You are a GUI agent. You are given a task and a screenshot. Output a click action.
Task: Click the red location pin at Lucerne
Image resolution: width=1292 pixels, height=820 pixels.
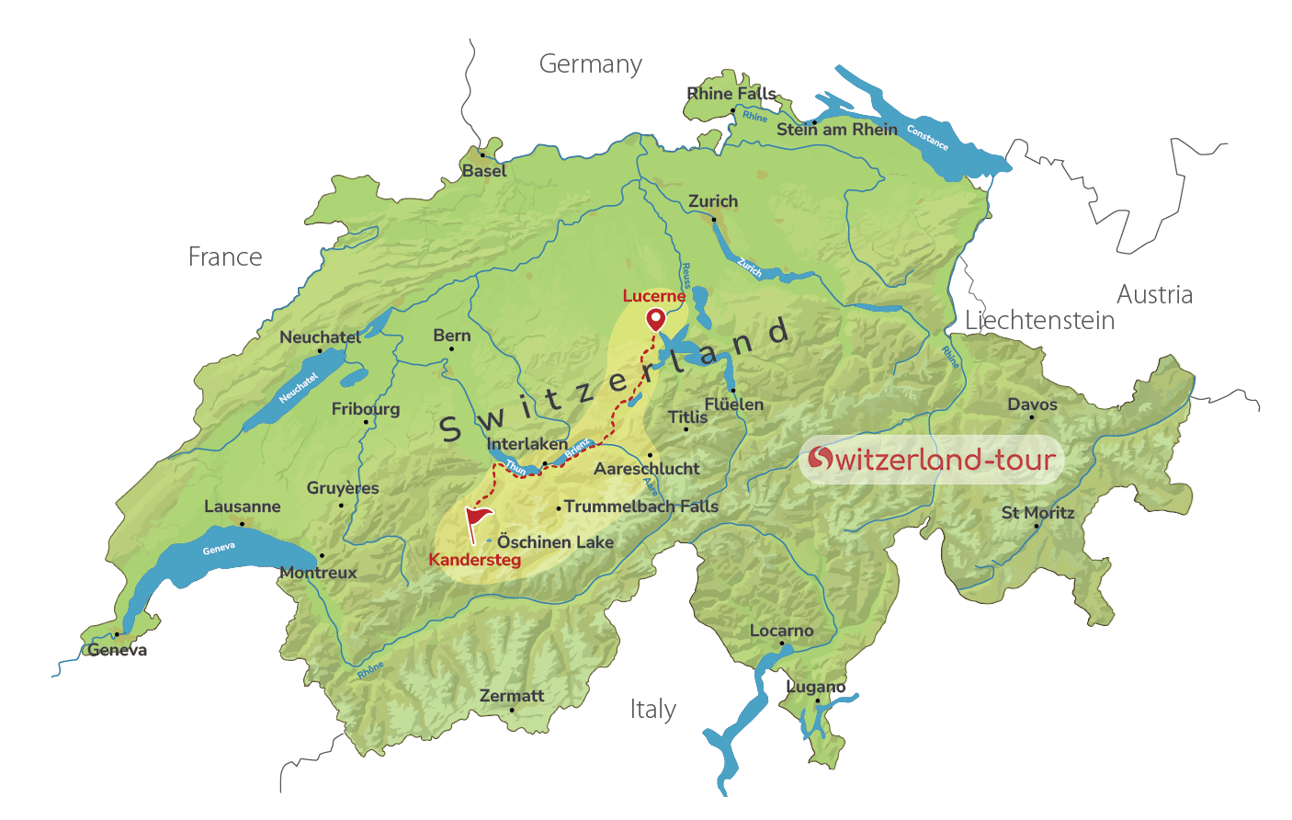click(x=655, y=319)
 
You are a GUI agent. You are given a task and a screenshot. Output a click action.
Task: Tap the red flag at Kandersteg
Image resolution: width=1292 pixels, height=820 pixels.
click(x=477, y=521)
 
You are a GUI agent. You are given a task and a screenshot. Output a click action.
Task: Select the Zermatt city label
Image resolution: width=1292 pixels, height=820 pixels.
click(x=512, y=696)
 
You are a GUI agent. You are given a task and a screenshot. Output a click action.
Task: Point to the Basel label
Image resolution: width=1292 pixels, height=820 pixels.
click(x=484, y=171)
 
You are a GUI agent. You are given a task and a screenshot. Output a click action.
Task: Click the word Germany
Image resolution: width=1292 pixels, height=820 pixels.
click(x=590, y=64)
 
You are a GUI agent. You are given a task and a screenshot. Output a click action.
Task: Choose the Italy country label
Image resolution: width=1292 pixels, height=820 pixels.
click(x=653, y=710)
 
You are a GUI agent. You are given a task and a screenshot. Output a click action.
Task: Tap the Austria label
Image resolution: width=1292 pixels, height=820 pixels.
click(x=1154, y=294)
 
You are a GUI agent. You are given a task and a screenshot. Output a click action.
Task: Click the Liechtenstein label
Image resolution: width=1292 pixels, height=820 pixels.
click(x=1039, y=320)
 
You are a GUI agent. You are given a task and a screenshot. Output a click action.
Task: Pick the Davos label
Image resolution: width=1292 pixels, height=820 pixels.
click(x=1032, y=404)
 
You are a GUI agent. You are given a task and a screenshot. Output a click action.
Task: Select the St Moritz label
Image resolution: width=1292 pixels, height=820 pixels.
click(x=1037, y=513)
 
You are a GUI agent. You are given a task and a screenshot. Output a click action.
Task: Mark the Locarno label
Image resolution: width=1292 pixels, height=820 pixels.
click(x=781, y=631)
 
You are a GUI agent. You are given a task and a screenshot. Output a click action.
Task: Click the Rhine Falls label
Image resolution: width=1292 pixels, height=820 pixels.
click(x=731, y=94)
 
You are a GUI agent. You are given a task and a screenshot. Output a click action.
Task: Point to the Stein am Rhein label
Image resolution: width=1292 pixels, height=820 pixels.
click(x=836, y=130)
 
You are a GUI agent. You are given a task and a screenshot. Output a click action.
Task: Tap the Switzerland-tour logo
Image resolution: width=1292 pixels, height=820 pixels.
click(x=931, y=459)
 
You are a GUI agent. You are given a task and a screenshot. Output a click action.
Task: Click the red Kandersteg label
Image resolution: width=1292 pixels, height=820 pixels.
click(x=474, y=560)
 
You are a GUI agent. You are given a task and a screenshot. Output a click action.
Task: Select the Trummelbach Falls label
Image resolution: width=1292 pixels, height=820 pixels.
click(x=641, y=507)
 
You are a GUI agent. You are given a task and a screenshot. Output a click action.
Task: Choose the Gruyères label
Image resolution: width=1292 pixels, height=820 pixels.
click(x=343, y=488)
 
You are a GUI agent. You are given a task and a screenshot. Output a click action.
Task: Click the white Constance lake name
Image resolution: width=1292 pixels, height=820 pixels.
click(x=927, y=137)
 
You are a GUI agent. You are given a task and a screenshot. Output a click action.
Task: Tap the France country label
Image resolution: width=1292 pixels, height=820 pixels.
click(x=225, y=257)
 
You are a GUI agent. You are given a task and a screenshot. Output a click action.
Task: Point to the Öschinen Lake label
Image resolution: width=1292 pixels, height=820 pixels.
click(x=555, y=542)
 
